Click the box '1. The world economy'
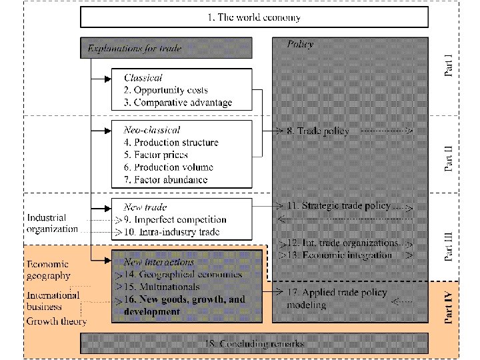coord(254,17)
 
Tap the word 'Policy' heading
coord(300,44)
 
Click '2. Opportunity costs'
coord(171,90)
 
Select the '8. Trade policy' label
coord(317,131)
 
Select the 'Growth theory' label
coord(57,321)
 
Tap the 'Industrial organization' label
coord(53,223)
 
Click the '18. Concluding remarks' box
coord(254,344)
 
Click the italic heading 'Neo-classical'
coord(152,129)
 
